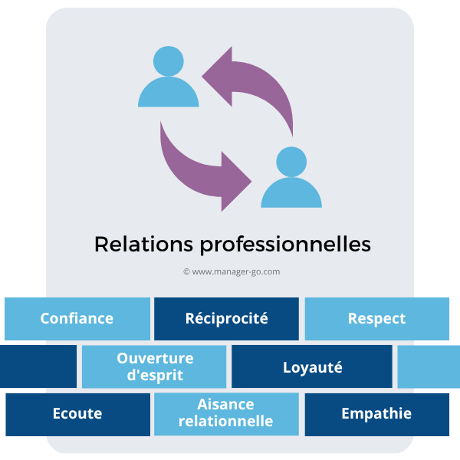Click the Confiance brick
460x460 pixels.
pos(77,319)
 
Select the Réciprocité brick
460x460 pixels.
pos(226,319)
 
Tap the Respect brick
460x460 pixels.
pos(376,319)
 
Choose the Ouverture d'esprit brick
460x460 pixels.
pos(154,366)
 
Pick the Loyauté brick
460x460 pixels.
pos(311,366)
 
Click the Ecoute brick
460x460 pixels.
pos(77,414)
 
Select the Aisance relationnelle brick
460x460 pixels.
pos(226,414)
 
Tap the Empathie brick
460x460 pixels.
pos(376,414)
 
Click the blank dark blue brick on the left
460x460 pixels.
pos(38,366)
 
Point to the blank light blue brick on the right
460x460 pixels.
pos(429,366)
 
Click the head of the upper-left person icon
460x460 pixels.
pos(168,61)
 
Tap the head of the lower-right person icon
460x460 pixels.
pos(291,162)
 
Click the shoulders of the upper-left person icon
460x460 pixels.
pos(169,94)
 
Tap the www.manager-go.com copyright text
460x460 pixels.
pos(232,271)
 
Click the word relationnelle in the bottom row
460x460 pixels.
pos(226,422)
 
